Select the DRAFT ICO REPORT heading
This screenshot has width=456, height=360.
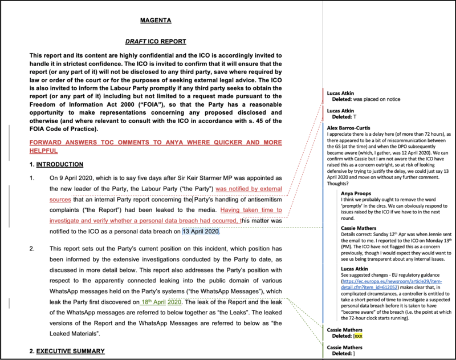156,42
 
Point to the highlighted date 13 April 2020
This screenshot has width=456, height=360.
201,232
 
